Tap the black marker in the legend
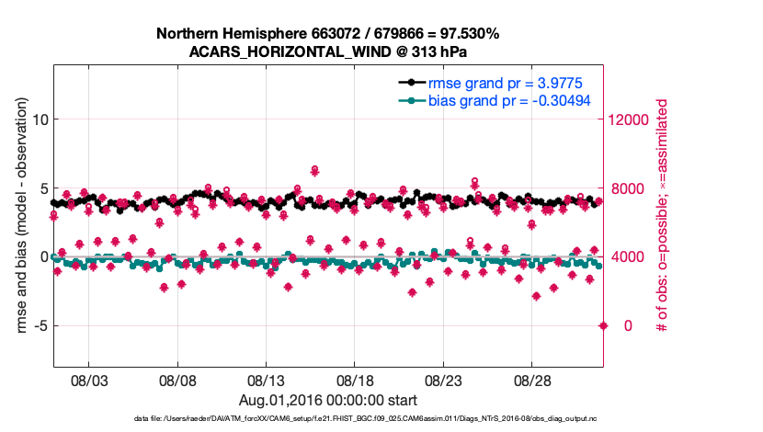409,81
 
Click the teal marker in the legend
409,100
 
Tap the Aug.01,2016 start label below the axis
328,400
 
